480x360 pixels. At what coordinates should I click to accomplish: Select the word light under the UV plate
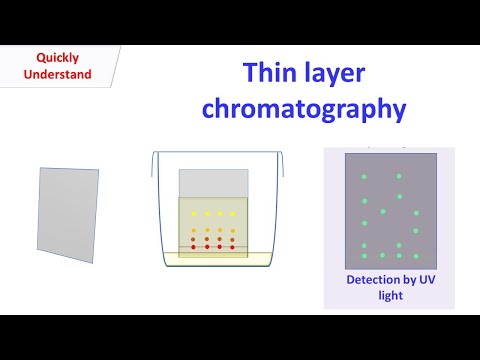388,297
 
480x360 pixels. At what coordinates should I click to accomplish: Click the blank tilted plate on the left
69,213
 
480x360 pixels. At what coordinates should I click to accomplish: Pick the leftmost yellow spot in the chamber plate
195,214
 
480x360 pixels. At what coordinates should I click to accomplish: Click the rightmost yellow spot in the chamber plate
233,214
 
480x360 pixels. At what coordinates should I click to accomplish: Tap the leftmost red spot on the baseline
195,247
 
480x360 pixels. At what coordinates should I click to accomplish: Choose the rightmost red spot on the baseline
233,247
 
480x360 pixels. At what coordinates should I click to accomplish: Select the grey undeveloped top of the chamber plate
213,183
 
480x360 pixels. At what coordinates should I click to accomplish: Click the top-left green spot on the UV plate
365,177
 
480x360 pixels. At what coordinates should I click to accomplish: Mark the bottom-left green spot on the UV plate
364,246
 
